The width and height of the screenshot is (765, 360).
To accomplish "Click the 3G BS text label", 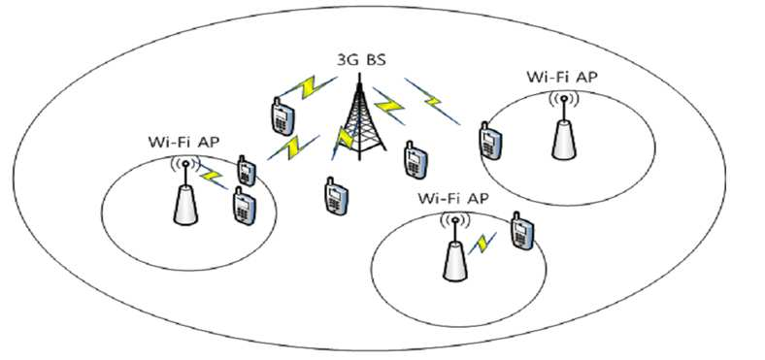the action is pos(360,61).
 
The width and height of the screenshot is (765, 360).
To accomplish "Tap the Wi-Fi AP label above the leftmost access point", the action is pos(183,143).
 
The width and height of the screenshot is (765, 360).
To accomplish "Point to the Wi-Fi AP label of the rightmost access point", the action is pos(561,77).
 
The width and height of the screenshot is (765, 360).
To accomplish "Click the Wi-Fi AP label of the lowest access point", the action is pos(453,198).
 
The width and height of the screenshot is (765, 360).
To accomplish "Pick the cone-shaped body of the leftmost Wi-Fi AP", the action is pos(185,205).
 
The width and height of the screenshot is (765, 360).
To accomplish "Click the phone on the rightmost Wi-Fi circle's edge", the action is pos(490,141).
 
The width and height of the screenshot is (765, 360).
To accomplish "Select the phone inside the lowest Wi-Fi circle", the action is pos(522,231).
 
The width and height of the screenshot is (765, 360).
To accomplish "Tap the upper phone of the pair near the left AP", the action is pos(246,171).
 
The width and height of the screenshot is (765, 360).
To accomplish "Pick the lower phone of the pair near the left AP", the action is pos(244,206).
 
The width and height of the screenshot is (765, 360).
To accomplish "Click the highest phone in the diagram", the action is pos(283,116).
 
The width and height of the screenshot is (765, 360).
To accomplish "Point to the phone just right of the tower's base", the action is pos(416,159).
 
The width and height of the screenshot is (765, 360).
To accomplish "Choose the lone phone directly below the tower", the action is pos(336,195).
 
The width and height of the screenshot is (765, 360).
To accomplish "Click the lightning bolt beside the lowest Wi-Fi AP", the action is pos(482,243).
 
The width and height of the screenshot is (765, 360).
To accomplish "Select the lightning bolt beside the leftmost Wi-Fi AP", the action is pos(213,175).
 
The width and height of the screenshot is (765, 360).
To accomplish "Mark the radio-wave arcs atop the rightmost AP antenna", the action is pos(564,100).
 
